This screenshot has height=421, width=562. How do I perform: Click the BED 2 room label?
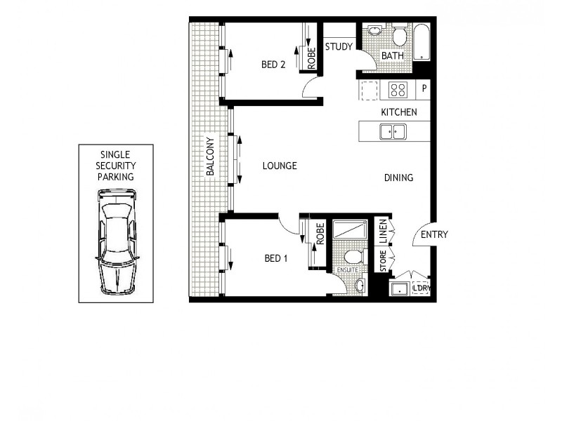coord(273,65)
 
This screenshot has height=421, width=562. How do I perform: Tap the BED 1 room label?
coord(275,258)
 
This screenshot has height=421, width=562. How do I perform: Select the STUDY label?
coord(339,48)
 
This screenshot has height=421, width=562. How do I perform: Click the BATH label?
coord(393,56)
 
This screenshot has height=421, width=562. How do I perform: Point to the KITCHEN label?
coord(399,112)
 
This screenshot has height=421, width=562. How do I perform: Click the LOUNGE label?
coord(280,166)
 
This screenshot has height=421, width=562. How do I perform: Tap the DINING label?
coord(398,178)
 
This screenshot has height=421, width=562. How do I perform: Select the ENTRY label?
coord(434,235)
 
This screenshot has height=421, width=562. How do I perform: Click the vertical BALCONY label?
coord(210,156)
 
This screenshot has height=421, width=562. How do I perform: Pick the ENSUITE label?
coord(348,269)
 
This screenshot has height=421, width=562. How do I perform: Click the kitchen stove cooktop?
coord(398,90)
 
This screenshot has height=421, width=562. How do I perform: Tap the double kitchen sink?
coord(393,131)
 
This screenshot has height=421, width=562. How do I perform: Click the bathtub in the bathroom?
coord(421,43)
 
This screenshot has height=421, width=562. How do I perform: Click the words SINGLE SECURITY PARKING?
coord(116,166)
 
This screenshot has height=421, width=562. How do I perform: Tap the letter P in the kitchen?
coord(424,89)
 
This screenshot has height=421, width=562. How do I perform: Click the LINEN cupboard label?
coord(383,232)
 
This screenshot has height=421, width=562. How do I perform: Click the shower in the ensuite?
coord(349,229)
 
